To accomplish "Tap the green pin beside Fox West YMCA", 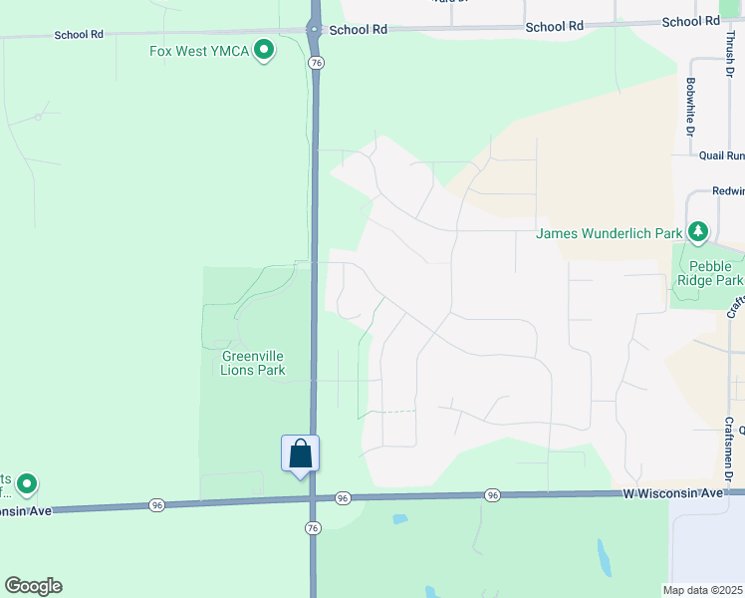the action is point(264,49).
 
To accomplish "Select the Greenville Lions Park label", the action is point(253,363).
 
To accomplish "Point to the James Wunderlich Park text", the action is point(609,234).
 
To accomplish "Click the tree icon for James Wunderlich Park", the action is point(699,232).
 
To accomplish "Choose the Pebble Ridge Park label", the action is point(711,273).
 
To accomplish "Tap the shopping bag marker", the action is point(300,454).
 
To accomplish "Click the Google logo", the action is point(33,586).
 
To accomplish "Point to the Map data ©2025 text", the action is point(703,590).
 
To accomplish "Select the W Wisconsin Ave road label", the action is point(672,493).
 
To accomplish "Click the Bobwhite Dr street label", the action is point(689,108).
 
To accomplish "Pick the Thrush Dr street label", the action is point(729,55).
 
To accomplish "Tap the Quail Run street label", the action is point(721,155).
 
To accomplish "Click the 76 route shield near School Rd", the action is point(316,62).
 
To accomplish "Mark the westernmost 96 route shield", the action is point(155,505).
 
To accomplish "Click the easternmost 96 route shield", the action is point(492,495).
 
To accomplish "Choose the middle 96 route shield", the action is point(343,497).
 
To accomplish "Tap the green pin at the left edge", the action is point(27,484).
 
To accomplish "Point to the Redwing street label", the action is point(727,191).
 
